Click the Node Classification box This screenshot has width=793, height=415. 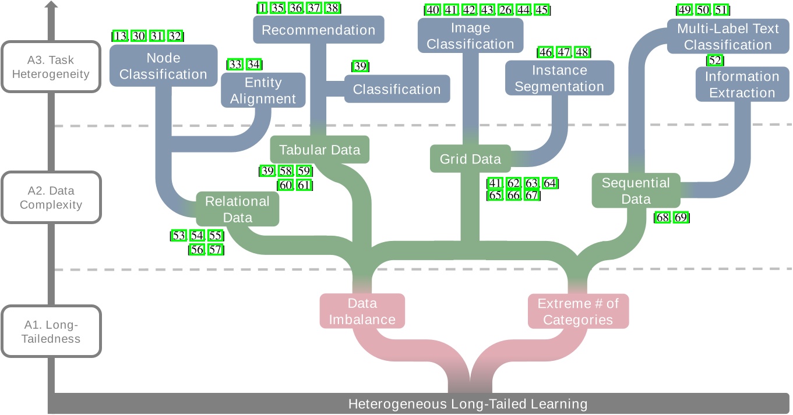coord(163,66)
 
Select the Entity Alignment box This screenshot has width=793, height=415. coord(263,90)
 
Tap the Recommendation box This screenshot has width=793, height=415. coord(318,30)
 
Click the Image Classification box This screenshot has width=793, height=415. coord(470,36)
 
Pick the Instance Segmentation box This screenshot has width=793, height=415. coord(559,78)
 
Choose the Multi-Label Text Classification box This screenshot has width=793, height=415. coord(727,37)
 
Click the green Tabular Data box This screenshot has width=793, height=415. coord(319,150)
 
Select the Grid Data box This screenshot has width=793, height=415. coord(470,159)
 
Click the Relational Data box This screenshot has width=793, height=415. coord(237,210)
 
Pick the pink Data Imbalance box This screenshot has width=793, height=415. coord(362,311)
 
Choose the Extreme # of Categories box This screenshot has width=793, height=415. coord(578,311)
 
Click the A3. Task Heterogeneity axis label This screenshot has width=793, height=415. coord(51,67)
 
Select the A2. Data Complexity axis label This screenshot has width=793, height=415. coord(51,197)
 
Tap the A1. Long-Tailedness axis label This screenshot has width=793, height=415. coord(51,331)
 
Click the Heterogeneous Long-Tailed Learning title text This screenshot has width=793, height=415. coord(467,404)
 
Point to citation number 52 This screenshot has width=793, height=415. coord(715,60)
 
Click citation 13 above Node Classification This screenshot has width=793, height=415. coord(121,36)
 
